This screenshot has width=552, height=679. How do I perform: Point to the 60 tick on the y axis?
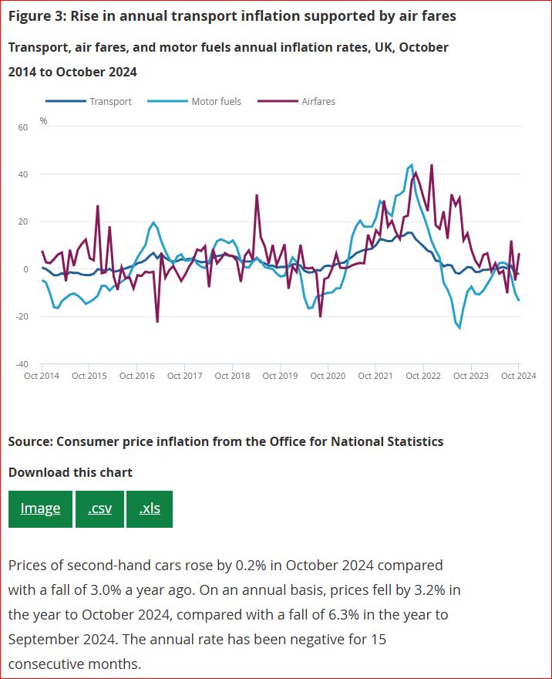click(x=23, y=127)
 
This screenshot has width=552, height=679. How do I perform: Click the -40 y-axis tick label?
click(x=22, y=364)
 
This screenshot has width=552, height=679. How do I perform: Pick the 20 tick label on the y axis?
click(x=23, y=222)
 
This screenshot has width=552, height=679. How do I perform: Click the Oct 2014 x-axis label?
click(x=42, y=376)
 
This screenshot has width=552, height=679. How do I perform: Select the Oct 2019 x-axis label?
click(x=280, y=376)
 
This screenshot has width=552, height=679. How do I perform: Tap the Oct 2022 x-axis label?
click(x=422, y=376)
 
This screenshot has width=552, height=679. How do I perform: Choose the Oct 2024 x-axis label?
click(x=518, y=376)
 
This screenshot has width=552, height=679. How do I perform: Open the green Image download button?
click(x=40, y=508)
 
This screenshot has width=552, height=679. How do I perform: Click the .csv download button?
click(x=99, y=508)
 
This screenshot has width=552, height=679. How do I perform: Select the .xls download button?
click(x=150, y=508)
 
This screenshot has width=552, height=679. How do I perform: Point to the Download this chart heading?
click(x=70, y=472)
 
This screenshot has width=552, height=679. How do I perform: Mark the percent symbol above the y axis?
click(x=43, y=121)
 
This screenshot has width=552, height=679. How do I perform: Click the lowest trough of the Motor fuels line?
click(x=459, y=329)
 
